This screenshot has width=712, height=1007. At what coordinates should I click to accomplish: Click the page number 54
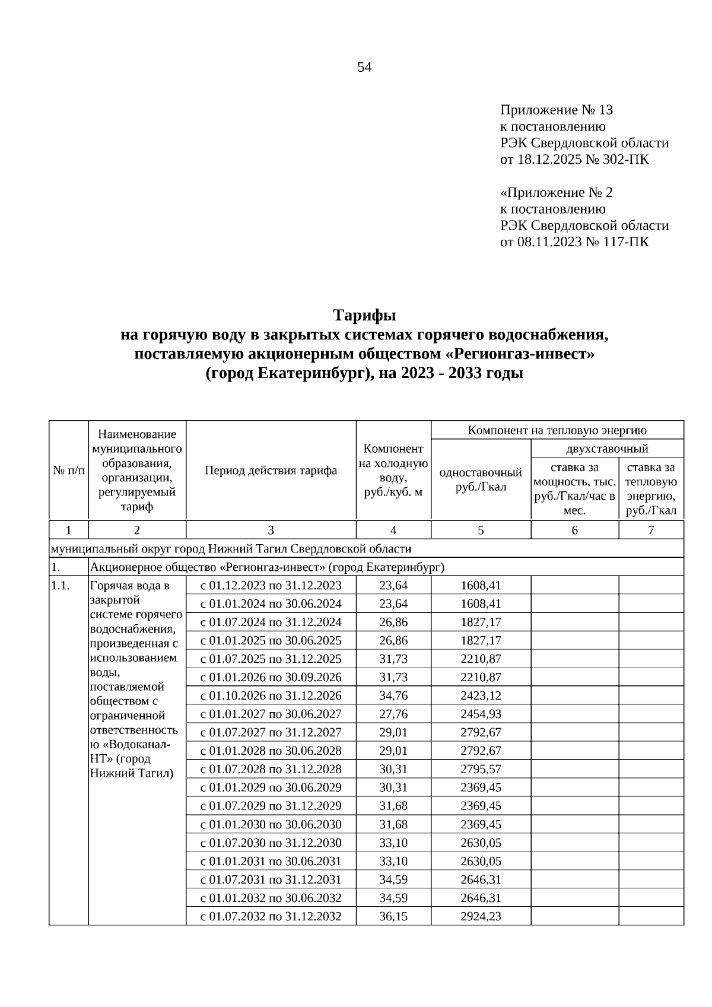tap(364, 68)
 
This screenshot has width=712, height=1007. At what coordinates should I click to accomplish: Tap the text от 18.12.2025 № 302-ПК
tap(574, 160)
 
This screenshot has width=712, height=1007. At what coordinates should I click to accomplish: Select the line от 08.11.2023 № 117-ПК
tap(574, 242)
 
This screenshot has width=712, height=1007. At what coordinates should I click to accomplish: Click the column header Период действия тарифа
tap(271, 471)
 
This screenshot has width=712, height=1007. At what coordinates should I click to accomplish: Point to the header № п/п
tap(69, 471)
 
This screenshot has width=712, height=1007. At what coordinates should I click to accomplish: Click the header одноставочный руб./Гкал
tap(481, 479)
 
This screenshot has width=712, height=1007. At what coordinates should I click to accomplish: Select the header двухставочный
tap(607, 448)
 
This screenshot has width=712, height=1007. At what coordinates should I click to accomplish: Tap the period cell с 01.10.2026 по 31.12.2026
tap(271, 695)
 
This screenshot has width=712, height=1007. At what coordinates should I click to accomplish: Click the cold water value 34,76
tap(393, 695)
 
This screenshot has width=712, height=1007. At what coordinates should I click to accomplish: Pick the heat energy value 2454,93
tap(481, 714)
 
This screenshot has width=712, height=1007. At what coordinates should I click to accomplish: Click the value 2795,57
tap(481, 769)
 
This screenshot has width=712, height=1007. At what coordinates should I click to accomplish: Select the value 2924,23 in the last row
tap(481, 916)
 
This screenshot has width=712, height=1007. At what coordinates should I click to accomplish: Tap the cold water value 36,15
tap(393, 916)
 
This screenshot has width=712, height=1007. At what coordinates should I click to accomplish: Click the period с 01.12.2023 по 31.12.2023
tap(271, 586)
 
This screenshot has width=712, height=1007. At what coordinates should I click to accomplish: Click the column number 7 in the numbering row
tap(651, 530)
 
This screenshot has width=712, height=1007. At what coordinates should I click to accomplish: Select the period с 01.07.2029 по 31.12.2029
tap(271, 806)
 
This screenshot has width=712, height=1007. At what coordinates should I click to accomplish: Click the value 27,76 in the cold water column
tap(393, 714)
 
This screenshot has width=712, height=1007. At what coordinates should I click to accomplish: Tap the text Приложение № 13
tap(557, 110)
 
